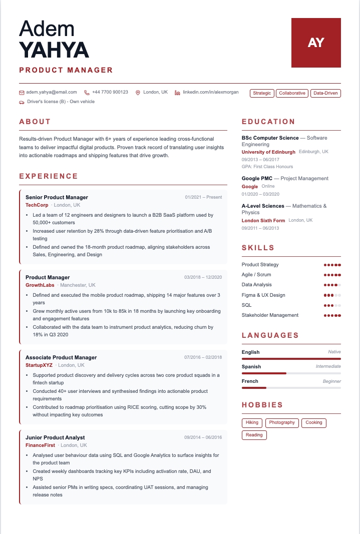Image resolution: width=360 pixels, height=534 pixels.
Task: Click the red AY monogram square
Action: click(x=316, y=43)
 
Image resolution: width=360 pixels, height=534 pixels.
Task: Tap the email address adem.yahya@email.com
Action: click(x=52, y=92)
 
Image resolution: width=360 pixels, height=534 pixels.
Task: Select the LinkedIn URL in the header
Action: click(x=210, y=92)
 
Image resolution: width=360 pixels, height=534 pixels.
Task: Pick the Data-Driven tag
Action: click(x=325, y=93)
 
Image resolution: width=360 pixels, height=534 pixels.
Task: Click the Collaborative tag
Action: click(x=292, y=93)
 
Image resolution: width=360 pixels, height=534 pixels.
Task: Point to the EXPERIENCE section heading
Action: click(x=49, y=176)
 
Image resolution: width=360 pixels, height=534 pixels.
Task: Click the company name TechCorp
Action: click(x=37, y=205)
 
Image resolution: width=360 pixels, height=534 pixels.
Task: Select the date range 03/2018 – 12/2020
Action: click(x=203, y=277)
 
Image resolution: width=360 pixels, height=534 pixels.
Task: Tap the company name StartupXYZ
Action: click(x=39, y=365)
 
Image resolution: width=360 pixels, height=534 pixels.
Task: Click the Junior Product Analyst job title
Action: click(x=55, y=437)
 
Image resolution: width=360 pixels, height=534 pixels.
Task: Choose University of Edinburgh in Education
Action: click(x=268, y=152)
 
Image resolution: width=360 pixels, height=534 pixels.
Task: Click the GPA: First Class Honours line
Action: click(x=267, y=167)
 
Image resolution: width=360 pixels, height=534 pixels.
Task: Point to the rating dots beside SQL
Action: click(x=332, y=305)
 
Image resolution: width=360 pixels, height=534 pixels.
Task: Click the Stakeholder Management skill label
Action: click(x=270, y=315)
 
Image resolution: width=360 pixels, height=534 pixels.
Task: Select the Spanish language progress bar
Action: click(x=291, y=373)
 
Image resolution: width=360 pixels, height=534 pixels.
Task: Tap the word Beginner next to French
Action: click(x=331, y=381)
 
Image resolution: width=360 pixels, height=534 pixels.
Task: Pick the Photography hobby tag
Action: click(x=282, y=423)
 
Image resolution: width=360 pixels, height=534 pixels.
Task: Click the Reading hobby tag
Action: click(x=254, y=435)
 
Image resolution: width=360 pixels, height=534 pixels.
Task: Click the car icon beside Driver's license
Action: click(x=22, y=102)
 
